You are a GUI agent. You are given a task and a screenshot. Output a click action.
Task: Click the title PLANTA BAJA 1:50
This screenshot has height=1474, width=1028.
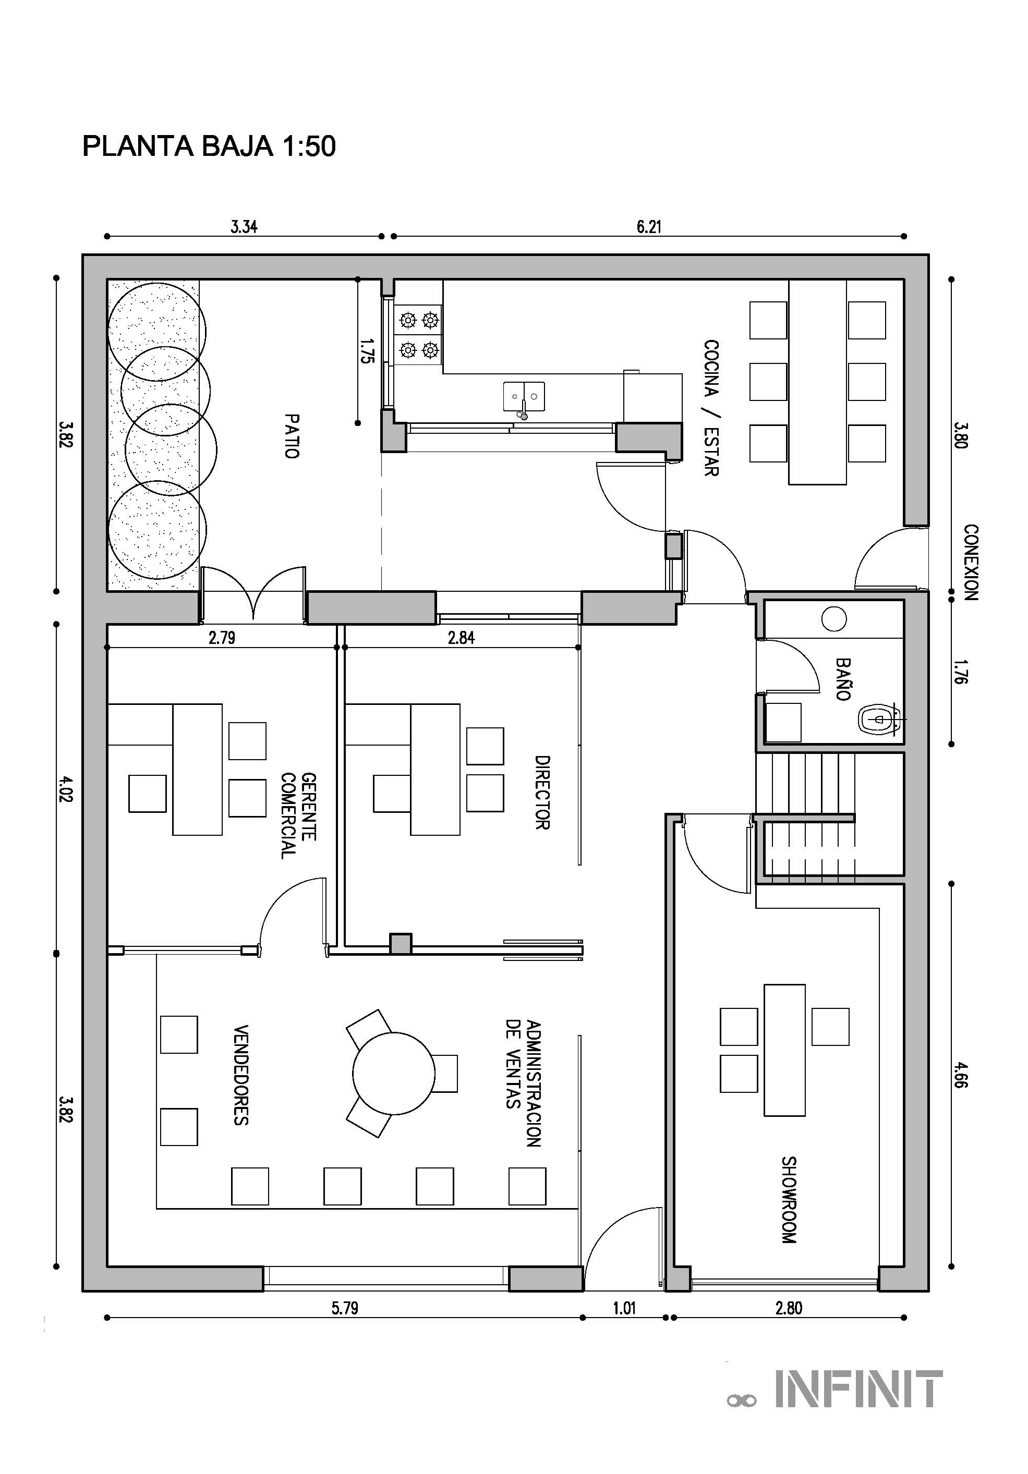[x=209, y=147]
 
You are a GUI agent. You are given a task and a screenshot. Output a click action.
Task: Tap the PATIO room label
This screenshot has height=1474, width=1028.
[x=292, y=436]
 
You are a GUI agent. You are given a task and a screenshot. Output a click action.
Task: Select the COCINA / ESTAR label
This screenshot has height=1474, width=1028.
[x=711, y=408]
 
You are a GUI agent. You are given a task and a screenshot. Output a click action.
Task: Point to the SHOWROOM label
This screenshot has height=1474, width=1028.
[x=789, y=1200]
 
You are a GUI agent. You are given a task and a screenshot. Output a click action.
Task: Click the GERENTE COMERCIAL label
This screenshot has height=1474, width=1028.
[x=298, y=815]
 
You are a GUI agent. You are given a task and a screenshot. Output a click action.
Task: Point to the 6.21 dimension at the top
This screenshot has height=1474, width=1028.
[x=648, y=227]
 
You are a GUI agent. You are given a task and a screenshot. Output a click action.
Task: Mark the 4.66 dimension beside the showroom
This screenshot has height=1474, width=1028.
[x=961, y=1075]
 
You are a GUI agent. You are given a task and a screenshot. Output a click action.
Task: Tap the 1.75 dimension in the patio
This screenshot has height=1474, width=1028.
[x=367, y=352]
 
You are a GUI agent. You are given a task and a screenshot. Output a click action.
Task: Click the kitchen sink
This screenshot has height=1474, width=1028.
[x=524, y=397]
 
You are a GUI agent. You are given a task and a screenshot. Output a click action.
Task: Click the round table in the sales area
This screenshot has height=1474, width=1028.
[x=394, y=1074]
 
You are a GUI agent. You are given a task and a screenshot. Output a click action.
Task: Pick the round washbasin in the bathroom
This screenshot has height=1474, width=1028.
[x=834, y=619]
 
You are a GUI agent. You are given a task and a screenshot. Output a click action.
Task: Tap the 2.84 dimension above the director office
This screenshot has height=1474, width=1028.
[x=461, y=638]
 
